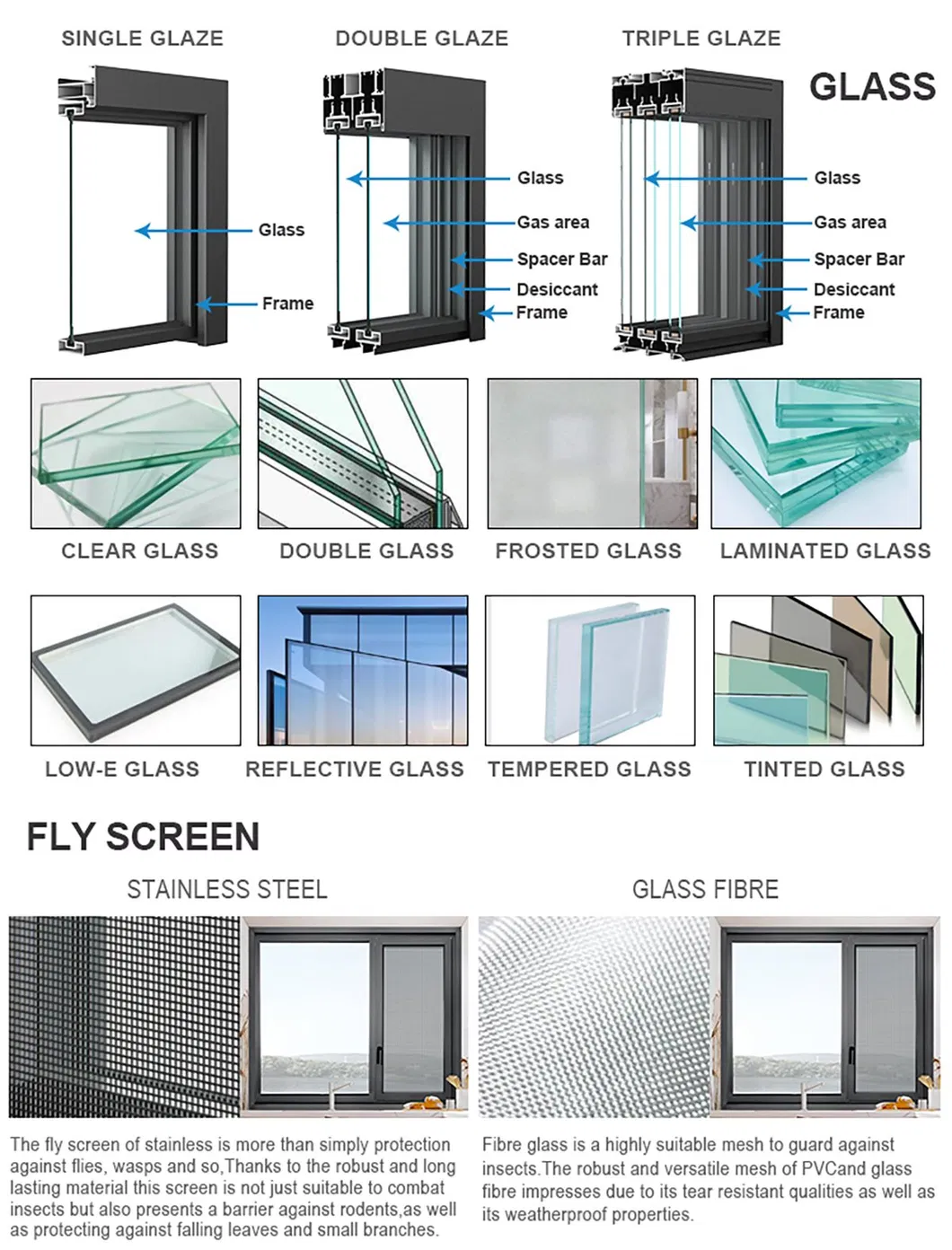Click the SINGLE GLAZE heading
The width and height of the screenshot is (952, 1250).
pyautogui.click(x=142, y=39)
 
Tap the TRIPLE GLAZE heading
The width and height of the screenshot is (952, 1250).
pyautogui.click(x=701, y=39)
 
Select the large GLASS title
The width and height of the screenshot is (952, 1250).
pyautogui.click(x=871, y=87)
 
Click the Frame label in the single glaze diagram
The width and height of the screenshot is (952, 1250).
pyautogui.click(x=287, y=304)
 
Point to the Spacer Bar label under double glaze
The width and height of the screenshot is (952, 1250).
pyautogui.click(x=561, y=260)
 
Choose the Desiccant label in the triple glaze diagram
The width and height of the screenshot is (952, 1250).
pyautogui.click(x=853, y=289)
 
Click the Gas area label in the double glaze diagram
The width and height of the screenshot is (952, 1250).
pyautogui.click(x=552, y=222)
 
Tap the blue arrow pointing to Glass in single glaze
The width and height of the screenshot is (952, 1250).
pyautogui.click(x=192, y=231)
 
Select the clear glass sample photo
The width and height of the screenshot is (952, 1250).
pyautogui.click(x=136, y=453)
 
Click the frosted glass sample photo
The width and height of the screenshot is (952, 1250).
pyautogui.click(x=592, y=453)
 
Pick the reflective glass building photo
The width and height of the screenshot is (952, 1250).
pyautogui.click(x=363, y=670)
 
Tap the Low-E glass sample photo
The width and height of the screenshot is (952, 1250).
pyautogui.click(x=136, y=670)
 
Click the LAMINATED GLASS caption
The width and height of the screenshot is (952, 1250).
pyautogui.click(x=824, y=551)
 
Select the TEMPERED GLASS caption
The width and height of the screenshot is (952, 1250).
pyautogui.click(x=589, y=770)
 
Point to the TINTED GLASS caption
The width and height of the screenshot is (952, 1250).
pyautogui.click(x=824, y=770)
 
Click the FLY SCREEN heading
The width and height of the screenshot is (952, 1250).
pyautogui.click(x=143, y=837)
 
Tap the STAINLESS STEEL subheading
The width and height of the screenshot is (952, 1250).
pyautogui.click(x=227, y=890)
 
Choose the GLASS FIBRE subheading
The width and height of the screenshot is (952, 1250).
pyautogui.click(x=705, y=890)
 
